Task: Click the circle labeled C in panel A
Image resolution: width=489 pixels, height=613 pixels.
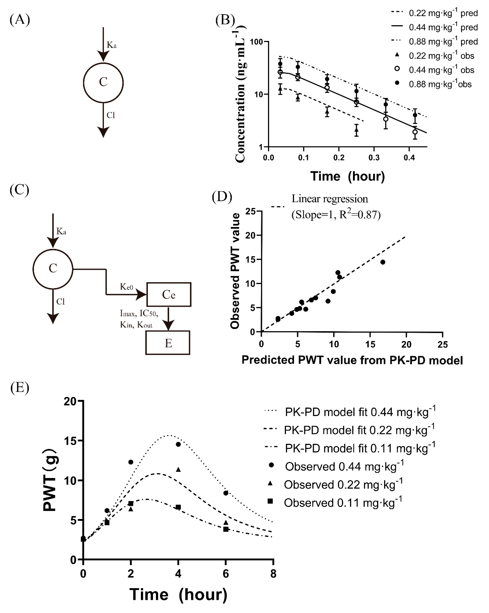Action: [x=103, y=82]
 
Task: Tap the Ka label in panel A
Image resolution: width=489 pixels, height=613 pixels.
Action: [x=111, y=45]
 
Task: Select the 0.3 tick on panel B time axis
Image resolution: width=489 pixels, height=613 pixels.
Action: [x=374, y=157]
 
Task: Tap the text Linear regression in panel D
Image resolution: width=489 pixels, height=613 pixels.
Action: [x=330, y=199]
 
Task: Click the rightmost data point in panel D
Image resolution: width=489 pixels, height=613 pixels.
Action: [x=383, y=262]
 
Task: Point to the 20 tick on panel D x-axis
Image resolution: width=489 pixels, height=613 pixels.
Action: [x=406, y=344]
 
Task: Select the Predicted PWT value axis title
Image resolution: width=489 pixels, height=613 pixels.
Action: [x=352, y=360]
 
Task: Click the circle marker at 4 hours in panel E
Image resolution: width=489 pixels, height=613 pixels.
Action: [x=178, y=444]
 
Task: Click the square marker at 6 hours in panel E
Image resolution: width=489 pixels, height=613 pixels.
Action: [x=226, y=529]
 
